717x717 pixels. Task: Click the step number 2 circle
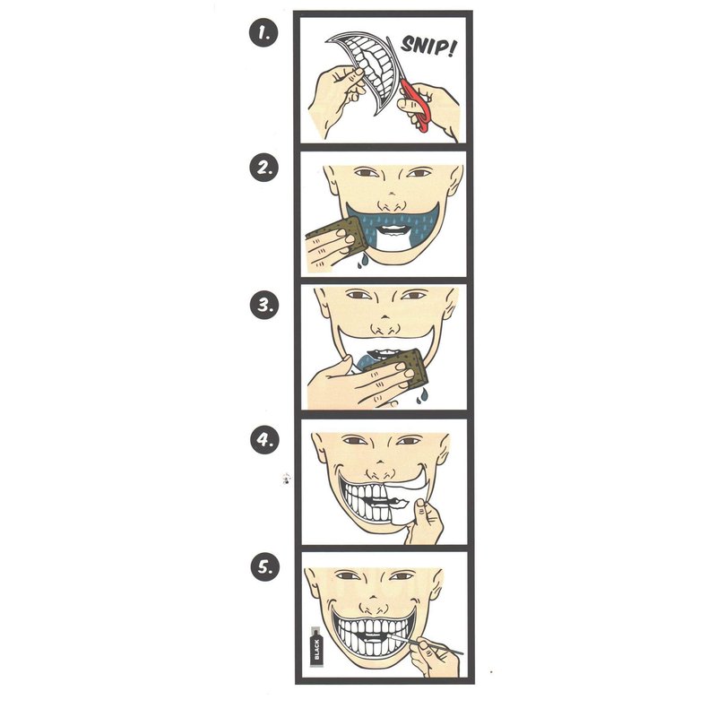tap(263, 168)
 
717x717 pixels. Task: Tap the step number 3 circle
tap(264, 305)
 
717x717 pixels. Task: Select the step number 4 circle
tap(264, 440)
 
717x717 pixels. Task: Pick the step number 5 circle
tap(264, 567)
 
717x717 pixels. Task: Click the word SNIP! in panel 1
tap(428, 45)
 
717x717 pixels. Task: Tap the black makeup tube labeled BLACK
tap(316, 647)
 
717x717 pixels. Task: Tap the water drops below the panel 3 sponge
tap(421, 396)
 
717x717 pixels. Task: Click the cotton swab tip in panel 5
tap(390, 635)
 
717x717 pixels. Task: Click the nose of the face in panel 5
tap(374, 604)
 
